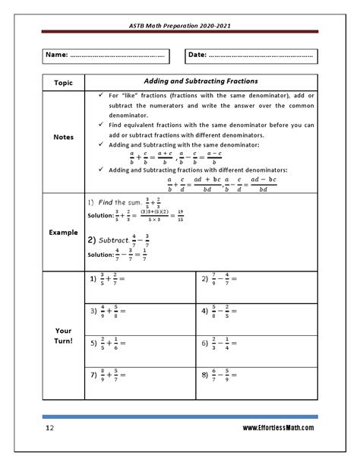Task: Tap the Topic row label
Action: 63,81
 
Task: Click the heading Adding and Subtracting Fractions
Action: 201,81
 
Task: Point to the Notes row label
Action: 63,138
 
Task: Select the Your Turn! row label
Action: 63,336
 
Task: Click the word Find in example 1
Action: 114,203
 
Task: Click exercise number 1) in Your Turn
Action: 94,280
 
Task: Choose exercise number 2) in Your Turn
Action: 205,280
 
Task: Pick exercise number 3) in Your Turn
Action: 94,311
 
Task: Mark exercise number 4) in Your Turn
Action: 205,311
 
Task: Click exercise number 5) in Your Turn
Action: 94,343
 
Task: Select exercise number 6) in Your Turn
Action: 205,343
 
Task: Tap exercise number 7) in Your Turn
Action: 94,375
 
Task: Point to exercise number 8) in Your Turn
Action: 205,375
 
